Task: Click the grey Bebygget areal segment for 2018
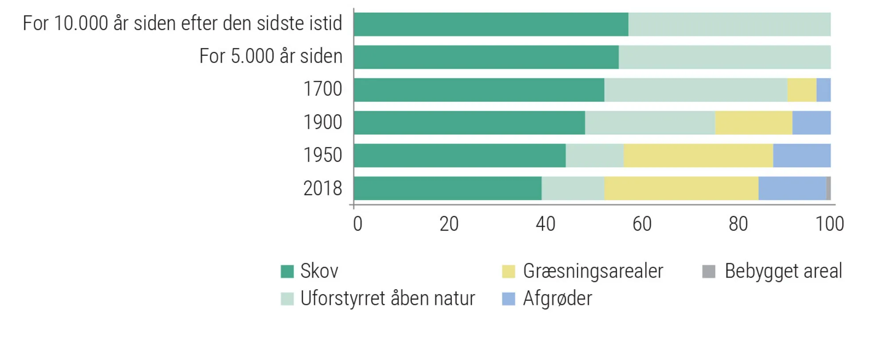828,188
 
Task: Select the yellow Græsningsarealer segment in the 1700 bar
801,90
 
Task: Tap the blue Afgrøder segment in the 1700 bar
824,90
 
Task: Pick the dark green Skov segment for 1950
459,155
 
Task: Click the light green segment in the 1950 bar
595,155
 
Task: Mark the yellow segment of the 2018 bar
681,188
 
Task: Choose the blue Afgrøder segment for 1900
811,123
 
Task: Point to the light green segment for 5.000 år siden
724,57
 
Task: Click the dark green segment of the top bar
491,24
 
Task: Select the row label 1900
323,123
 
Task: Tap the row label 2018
323,189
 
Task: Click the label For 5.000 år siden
271,57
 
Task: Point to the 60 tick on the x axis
642,224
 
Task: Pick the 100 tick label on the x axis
829,224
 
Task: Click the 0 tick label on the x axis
358,224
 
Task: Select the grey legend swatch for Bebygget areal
709,271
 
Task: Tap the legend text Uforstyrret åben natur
387,299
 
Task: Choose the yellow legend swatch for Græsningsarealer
509,271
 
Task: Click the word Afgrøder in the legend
557,299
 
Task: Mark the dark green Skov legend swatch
287,271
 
